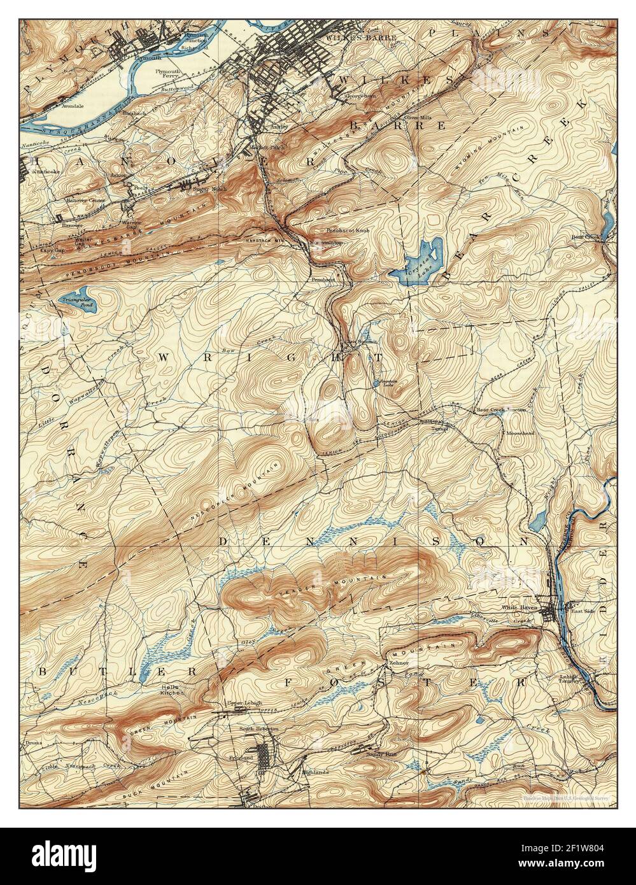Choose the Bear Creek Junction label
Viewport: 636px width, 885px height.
click(501, 410)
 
